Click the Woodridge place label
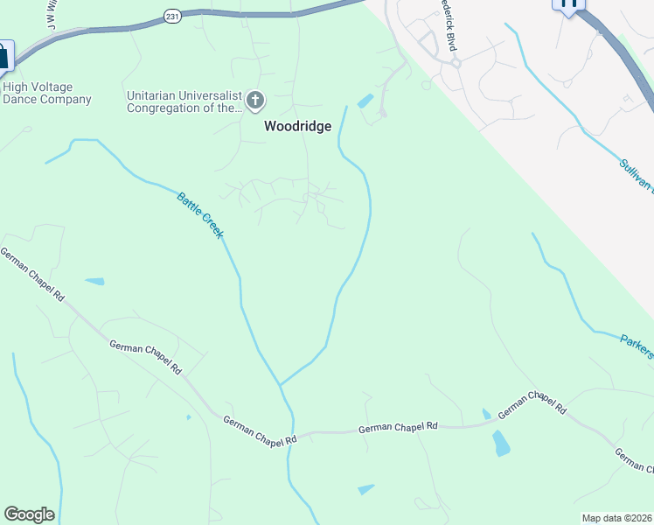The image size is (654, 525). (298, 126)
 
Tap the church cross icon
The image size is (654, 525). (255, 101)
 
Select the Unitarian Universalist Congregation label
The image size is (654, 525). (184, 101)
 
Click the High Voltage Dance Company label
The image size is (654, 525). (47, 93)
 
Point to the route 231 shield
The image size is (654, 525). (171, 15)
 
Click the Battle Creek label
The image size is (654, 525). (200, 215)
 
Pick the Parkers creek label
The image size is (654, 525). (637, 345)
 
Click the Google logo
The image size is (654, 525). (29, 514)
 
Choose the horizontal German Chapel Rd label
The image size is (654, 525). (398, 427)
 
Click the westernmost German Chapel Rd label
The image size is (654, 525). (32, 275)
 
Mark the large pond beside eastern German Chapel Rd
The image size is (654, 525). (501, 443)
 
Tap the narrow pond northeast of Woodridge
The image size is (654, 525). (365, 101)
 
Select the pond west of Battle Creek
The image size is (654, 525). (94, 282)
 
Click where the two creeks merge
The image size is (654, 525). (280, 384)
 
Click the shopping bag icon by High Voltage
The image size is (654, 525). (3, 56)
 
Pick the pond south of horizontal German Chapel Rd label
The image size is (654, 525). (365, 489)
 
